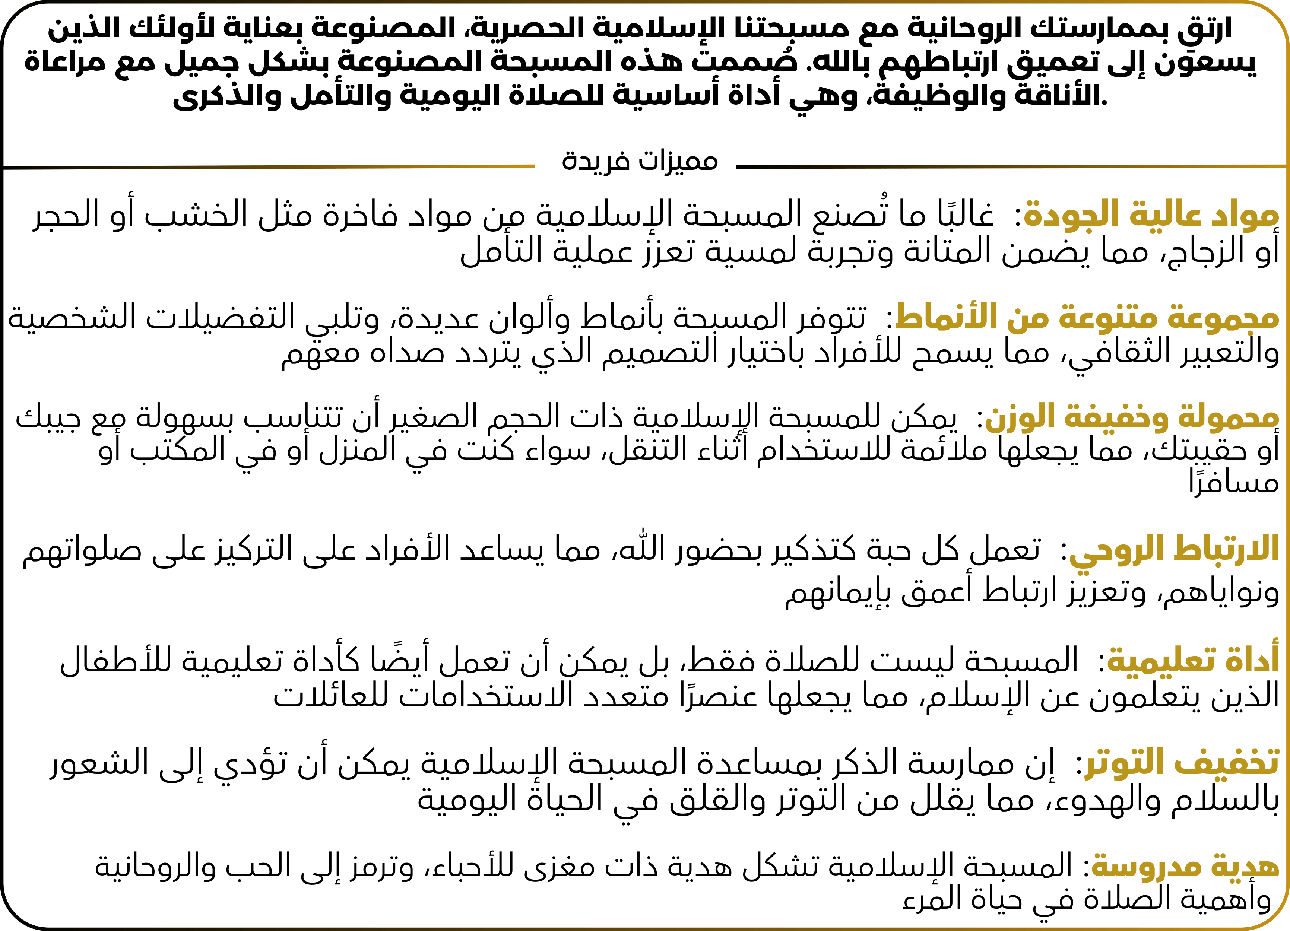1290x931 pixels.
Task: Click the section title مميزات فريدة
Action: tap(640, 162)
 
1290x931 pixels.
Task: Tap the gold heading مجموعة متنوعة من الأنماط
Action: tap(1086, 317)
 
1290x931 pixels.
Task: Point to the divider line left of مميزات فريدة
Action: tap(267, 166)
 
